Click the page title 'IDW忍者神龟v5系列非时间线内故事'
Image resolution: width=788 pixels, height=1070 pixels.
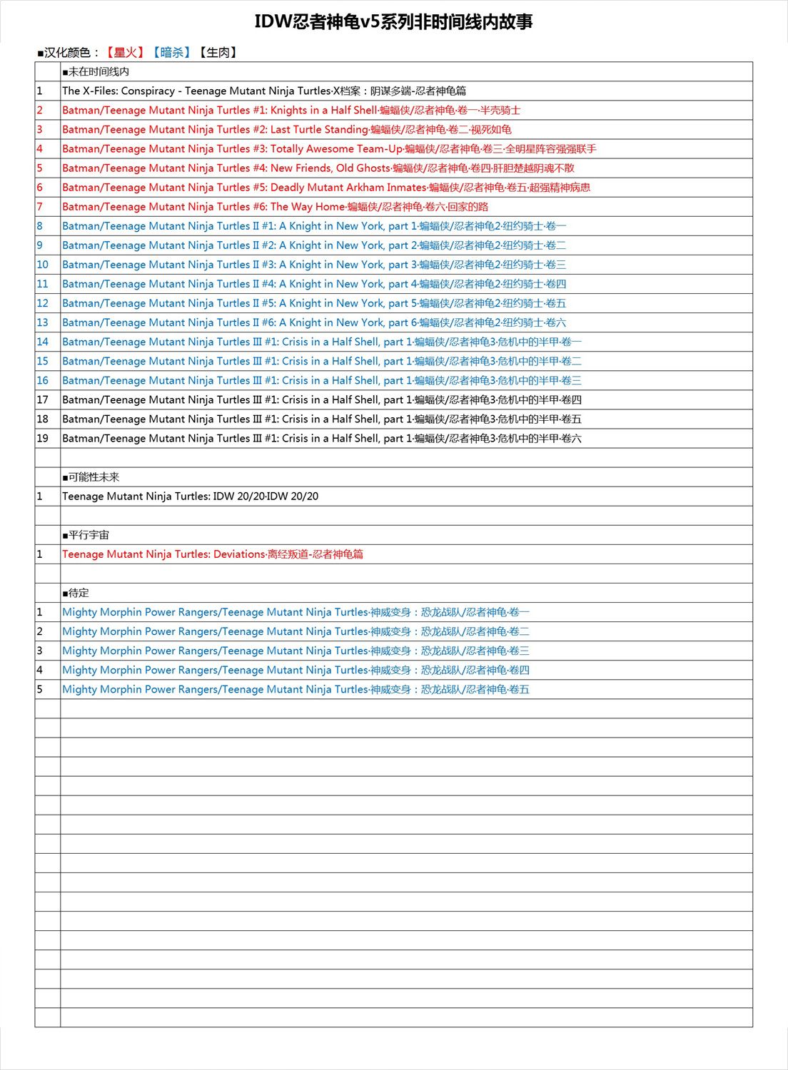click(393, 22)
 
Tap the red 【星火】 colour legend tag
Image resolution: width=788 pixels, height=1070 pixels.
click(125, 52)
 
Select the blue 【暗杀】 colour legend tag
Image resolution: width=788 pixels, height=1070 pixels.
click(171, 52)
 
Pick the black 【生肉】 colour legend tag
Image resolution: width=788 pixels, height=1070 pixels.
click(218, 52)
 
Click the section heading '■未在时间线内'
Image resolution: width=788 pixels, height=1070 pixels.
click(96, 71)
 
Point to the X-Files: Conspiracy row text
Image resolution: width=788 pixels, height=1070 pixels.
click(264, 91)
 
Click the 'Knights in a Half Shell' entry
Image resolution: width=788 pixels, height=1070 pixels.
click(291, 110)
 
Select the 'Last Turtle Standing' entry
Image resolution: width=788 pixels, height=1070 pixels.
click(286, 129)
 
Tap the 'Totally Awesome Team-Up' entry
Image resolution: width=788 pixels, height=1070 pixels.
click(329, 148)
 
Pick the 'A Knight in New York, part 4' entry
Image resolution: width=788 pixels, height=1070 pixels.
click(314, 284)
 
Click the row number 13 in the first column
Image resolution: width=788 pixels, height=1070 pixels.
click(43, 322)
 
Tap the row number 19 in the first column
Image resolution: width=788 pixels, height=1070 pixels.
click(43, 438)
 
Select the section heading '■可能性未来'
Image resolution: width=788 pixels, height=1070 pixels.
click(91, 477)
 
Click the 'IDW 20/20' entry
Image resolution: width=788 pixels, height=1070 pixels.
click(190, 496)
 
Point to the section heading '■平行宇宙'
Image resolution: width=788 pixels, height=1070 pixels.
click(86, 535)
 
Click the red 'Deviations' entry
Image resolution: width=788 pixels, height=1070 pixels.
click(212, 554)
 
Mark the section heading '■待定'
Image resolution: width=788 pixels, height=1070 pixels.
click(76, 593)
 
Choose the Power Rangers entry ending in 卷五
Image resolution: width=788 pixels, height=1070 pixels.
click(295, 689)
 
